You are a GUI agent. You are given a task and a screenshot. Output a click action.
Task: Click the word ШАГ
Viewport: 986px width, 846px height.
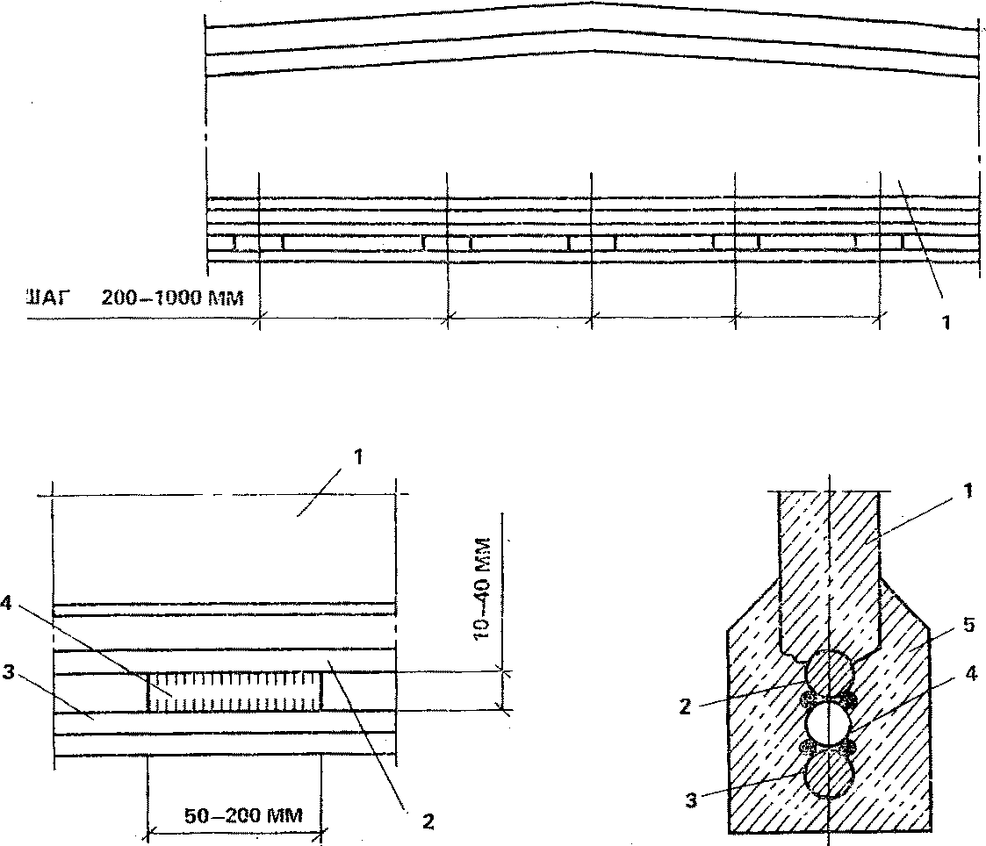(x=45, y=298)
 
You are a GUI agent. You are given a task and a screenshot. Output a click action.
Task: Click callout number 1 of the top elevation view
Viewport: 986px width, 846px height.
(x=946, y=322)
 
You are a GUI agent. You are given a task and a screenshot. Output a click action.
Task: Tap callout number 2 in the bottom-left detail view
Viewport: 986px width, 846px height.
(x=428, y=821)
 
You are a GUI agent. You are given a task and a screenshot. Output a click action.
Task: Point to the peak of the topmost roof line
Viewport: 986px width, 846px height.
(x=590, y=4)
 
